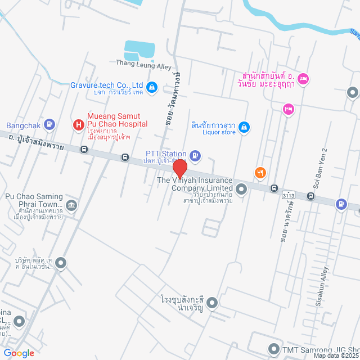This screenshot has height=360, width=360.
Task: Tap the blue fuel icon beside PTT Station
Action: pyautogui.click(x=195, y=154)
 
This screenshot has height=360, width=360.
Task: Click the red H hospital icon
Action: pyautogui.click(x=79, y=124)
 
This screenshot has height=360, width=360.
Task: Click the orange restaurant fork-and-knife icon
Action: pyautogui.click(x=259, y=173)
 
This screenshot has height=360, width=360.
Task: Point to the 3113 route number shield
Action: pyautogui.click(x=289, y=194)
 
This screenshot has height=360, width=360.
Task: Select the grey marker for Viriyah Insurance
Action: pyautogui.click(x=241, y=188)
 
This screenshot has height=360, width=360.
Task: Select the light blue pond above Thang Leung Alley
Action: pyautogui.click(x=138, y=51)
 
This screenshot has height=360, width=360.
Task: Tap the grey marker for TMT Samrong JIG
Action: pyautogui.click(x=273, y=349)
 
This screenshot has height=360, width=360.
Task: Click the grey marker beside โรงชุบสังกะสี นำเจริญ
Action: pyautogui.click(x=212, y=304)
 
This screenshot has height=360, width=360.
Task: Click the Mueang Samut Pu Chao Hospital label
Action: pyautogui.click(x=117, y=119)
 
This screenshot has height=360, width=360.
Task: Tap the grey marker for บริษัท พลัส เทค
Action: pyautogui.click(x=61, y=262)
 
